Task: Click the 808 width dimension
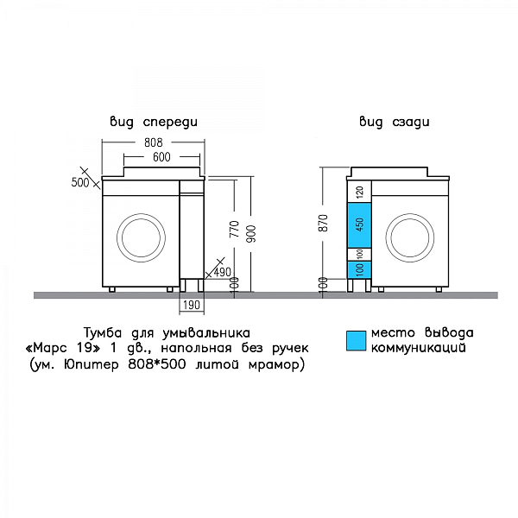pyautogui.click(x=154, y=142)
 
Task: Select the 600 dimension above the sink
pyautogui.click(x=161, y=157)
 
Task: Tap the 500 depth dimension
pyautogui.click(x=80, y=182)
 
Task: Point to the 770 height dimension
pyautogui.click(x=234, y=229)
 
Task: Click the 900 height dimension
pyautogui.click(x=251, y=234)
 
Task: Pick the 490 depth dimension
pyautogui.click(x=223, y=272)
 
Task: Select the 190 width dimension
pyautogui.click(x=192, y=305)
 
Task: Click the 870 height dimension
pyautogui.click(x=324, y=223)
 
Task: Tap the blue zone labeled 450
pyautogui.click(x=359, y=225)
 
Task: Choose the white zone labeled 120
pyautogui.click(x=359, y=192)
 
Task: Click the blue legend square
pyautogui.click(x=357, y=341)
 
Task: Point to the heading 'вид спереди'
pyautogui.click(x=154, y=122)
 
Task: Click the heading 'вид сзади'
pyautogui.click(x=395, y=122)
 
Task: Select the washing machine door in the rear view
pyautogui.click(x=410, y=238)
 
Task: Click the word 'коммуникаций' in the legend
pyautogui.click(x=418, y=348)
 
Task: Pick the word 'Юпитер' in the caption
pyautogui.click(x=92, y=364)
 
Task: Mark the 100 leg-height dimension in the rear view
pyautogui.click(x=324, y=284)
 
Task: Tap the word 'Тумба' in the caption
pyautogui.click(x=103, y=332)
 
